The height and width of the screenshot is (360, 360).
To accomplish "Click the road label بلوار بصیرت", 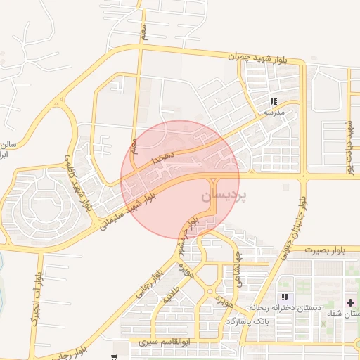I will click(330, 249).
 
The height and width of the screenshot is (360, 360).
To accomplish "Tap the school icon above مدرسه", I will click(274, 101).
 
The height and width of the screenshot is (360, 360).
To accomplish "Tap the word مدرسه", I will click(273, 112).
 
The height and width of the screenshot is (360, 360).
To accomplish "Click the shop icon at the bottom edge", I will click(113, 356).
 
